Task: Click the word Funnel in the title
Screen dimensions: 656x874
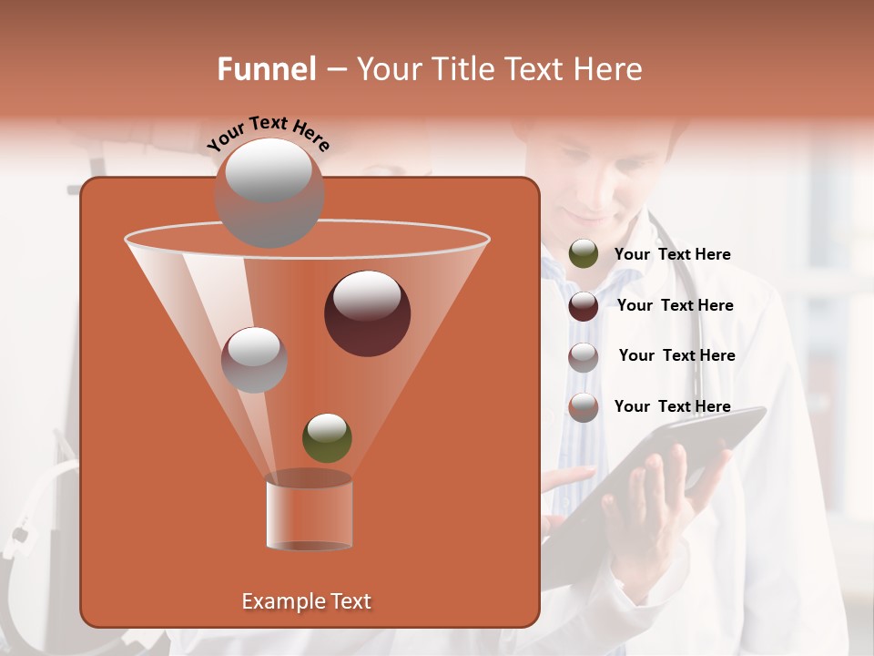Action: [266, 69]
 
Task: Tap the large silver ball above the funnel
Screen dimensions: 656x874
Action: [269, 192]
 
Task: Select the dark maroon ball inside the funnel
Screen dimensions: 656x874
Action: [367, 313]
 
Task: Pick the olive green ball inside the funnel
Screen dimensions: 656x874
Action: [327, 438]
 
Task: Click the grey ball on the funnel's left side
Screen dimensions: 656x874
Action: [254, 360]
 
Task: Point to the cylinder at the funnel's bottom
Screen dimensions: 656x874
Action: [309, 511]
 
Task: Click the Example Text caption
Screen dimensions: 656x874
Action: [306, 601]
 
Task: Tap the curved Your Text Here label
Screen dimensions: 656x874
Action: [268, 133]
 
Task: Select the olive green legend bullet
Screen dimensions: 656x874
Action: [584, 254]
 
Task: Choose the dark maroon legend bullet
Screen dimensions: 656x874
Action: [584, 306]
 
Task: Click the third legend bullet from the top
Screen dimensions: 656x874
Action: [584, 357]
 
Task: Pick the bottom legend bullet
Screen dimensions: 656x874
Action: [584, 407]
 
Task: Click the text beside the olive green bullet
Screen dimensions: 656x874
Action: [672, 254]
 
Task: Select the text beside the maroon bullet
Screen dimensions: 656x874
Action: [675, 305]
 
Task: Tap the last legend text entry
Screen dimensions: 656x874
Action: [672, 406]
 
